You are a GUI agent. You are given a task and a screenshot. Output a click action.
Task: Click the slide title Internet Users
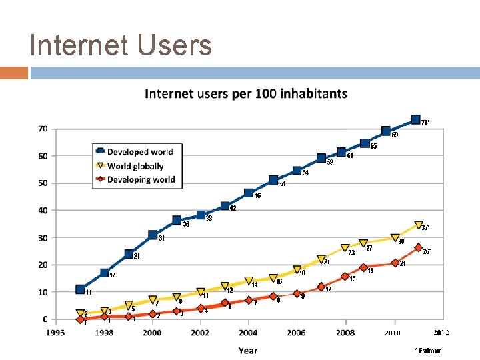coord(121,45)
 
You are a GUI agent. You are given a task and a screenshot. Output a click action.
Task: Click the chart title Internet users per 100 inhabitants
coord(246,93)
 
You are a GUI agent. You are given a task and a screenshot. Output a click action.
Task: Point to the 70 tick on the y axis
coord(42,129)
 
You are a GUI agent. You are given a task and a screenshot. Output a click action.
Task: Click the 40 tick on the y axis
coord(42,210)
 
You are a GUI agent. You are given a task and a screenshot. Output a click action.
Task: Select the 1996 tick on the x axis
coord(56,333)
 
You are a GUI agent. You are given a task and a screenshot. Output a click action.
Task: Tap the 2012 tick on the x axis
coord(441,333)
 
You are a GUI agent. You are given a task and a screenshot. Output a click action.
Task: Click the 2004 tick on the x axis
coord(248,333)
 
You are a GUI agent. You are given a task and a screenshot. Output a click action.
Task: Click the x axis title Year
coord(248,350)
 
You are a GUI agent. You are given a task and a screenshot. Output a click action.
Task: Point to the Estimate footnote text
coord(428,351)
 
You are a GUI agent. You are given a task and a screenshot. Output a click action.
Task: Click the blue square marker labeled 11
coord(81,289)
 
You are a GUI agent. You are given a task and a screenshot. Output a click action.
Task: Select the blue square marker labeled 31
coord(153,235)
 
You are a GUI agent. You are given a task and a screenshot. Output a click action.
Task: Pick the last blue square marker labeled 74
coord(416,119)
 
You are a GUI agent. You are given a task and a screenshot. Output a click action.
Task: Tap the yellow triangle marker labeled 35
coord(419,225)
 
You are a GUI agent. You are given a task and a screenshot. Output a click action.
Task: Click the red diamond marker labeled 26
coord(419,247)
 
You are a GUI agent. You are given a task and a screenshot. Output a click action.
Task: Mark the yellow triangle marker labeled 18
coord(297,270)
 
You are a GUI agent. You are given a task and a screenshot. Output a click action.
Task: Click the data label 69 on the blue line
coord(395,135)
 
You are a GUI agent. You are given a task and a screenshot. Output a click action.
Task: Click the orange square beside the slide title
coord(14,73)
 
